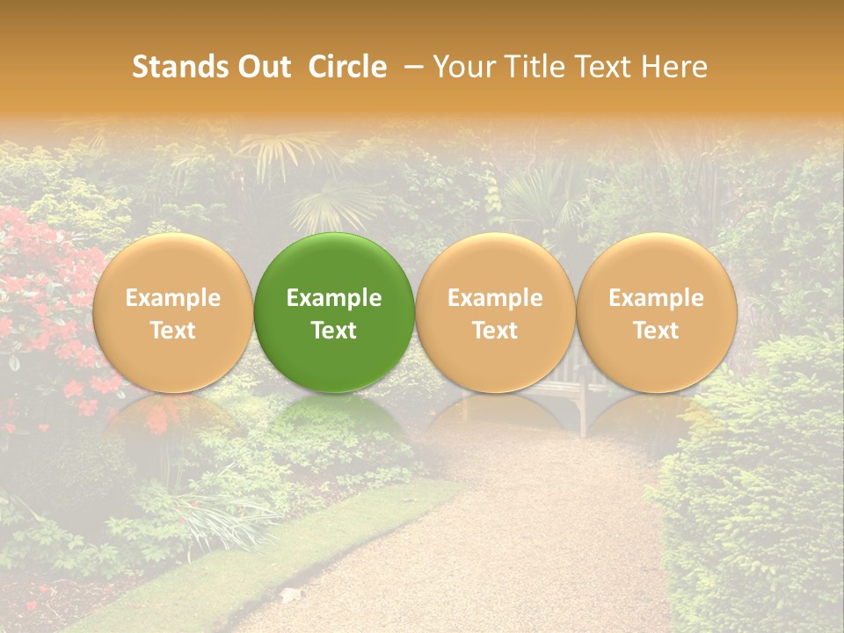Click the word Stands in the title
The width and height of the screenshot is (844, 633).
[178, 67]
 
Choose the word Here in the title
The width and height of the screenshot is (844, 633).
[673, 67]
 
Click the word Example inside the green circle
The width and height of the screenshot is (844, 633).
[334, 298]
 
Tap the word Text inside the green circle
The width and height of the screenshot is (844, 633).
[334, 331]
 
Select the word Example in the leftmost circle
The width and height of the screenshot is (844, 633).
[172, 298]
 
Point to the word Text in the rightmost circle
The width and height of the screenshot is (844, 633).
[656, 331]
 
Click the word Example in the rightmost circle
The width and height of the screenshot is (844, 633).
[656, 298]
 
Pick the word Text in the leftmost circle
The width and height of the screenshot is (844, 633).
[172, 331]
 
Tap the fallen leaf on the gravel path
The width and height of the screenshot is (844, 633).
[290, 595]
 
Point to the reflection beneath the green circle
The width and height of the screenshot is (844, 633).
[334, 422]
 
